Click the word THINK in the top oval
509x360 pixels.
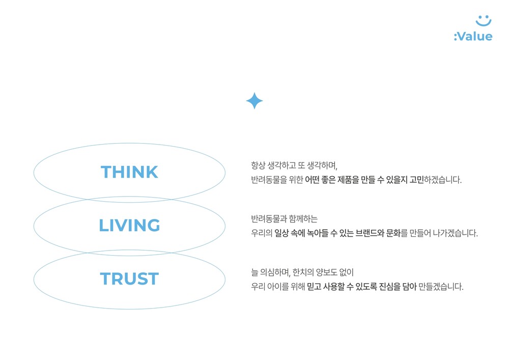click(x=129, y=172)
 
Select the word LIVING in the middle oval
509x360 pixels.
click(x=129, y=225)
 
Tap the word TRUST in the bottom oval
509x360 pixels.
click(x=129, y=279)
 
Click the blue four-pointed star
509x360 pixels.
click(x=254, y=101)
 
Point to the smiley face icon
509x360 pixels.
click(x=484, y=20)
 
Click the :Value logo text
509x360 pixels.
click(x=473, y=36)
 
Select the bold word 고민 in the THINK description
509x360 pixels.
click(x=416, y=180)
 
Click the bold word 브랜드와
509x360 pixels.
click(x=370, y=233)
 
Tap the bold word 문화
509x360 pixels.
click(x=393, y=233)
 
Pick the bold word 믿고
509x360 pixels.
click(x=314, y=287)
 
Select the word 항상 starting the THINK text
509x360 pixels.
click(x=258, y=165)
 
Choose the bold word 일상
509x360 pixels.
click(x=281, y=233)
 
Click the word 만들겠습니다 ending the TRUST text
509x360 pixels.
click(x=441, y=287)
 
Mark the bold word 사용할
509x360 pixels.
click(x=334, y=287)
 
